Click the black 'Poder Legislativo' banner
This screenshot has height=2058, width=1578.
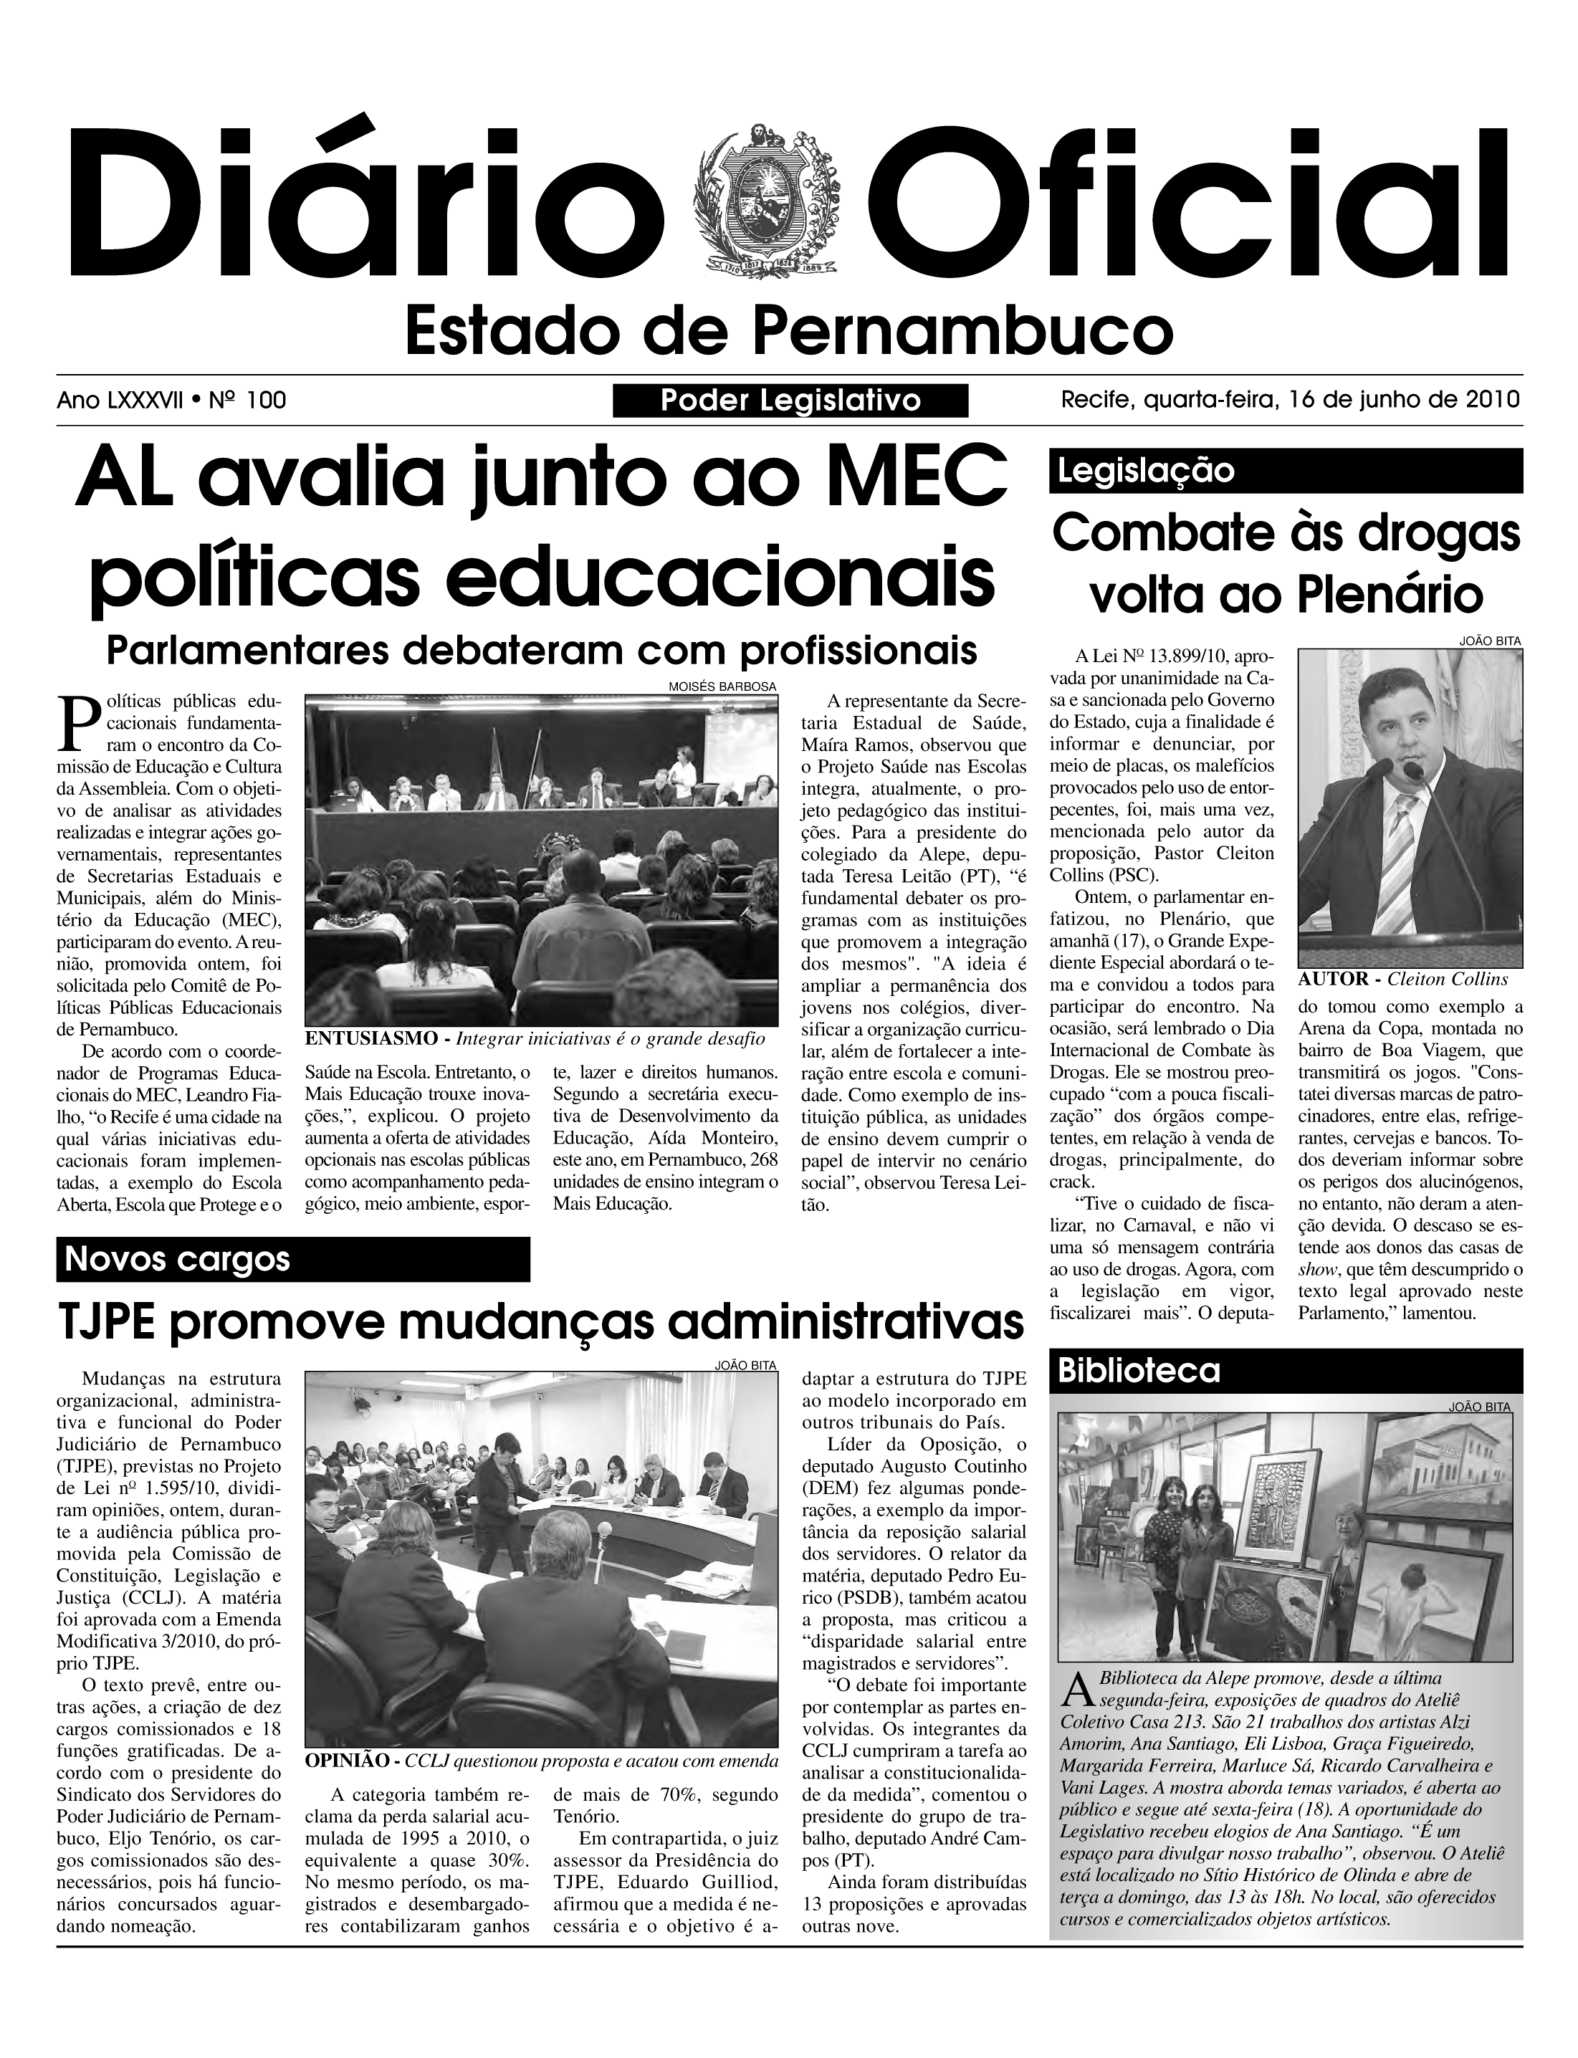[790, 401]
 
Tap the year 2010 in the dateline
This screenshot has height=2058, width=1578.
[1493, 400]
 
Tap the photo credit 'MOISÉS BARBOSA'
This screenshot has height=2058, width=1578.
[722, 686]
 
